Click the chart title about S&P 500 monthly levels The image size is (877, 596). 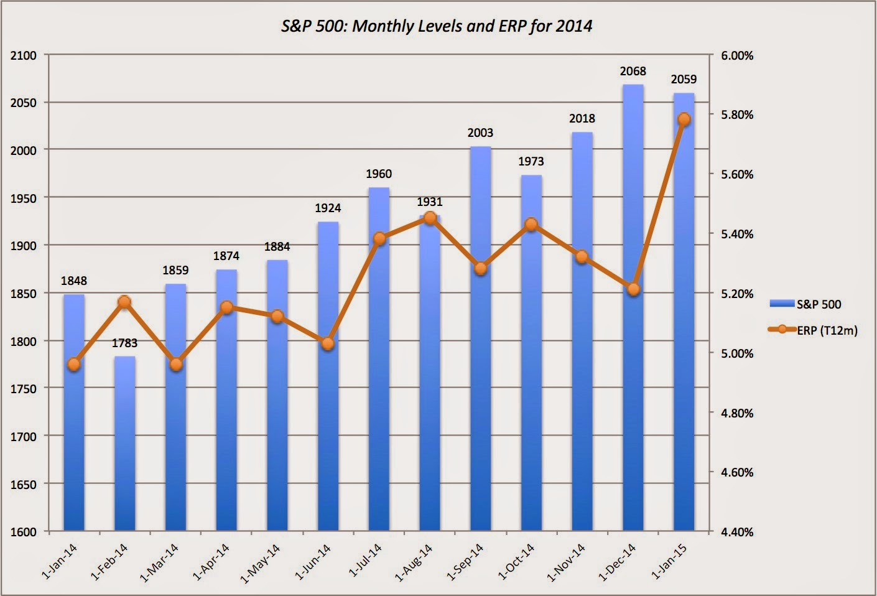[437, 26]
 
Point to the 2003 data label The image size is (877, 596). [480, 133]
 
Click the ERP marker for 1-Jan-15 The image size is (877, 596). [684, 119]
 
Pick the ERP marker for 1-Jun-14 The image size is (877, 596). [328, 343]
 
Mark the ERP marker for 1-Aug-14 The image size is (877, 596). [430, 218]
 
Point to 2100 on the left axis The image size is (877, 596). [24, 55]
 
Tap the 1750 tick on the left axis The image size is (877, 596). [24, 389]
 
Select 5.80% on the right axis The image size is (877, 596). [737, 115]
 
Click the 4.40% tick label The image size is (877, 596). [737, 532]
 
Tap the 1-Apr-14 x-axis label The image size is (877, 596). [211, 562]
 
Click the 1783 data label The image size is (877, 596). [125, 343]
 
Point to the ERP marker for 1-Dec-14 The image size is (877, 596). [633, 289]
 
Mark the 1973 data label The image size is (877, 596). [531, 161]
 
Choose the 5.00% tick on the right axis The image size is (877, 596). [737, 353]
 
